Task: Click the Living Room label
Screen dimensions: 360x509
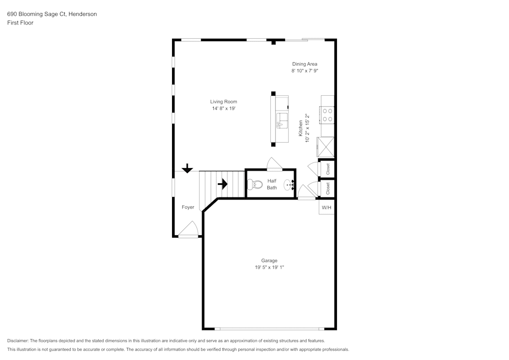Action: click(x=223, y=102)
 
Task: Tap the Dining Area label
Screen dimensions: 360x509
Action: click(x=304, y=64)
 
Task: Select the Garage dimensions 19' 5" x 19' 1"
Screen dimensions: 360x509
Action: click(x=269, y=267)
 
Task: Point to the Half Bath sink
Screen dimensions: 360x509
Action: click(x=289, y=185)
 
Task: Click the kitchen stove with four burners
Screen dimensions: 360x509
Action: click(x=327, y=115)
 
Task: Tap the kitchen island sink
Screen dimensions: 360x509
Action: click(x=282, y=121)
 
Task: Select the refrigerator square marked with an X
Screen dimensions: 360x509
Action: click(x=326, y=147)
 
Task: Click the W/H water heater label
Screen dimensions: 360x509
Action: click(x=326, y=207)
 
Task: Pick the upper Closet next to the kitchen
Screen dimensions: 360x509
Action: click(x=327, y=169)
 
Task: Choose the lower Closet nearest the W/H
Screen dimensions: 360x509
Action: click(x=327, y=188)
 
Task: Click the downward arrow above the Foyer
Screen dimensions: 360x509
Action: click(x=187, y=168)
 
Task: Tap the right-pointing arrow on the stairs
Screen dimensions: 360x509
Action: click(x=222, y=184)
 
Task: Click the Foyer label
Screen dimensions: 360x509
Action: click(x=188, y=207)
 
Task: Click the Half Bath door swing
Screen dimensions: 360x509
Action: click(x=274, y=163)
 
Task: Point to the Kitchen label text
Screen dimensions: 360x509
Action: click(x=301, y=128)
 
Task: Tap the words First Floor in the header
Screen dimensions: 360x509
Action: click(x=20, y=23)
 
